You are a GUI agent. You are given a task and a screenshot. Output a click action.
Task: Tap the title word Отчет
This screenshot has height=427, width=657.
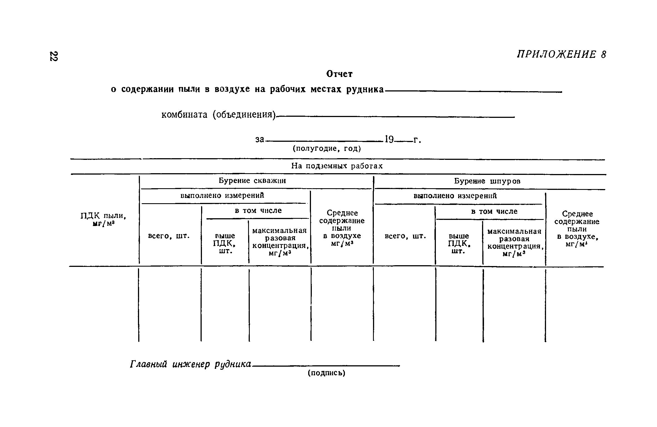click(x=339, y=74)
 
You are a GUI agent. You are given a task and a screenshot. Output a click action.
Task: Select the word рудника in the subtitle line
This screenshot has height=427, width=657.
click(x=365, y=90)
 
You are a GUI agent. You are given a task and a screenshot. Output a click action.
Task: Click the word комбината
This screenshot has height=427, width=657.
click(x=184, y=115)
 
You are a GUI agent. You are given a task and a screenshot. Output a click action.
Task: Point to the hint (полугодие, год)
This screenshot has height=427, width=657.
click(x=327, y=149)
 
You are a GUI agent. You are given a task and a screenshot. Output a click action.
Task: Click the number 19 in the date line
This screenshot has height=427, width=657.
click(x=389, y=139)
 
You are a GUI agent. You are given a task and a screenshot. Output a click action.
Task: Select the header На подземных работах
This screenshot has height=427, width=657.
click(x=337, y=166)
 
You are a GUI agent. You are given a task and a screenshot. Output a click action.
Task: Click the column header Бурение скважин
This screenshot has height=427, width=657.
click(x=252, y=181)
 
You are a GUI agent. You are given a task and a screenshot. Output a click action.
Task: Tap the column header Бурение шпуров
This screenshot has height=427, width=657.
click(x=487, y=181)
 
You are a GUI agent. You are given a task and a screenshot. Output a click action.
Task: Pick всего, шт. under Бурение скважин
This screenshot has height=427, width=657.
click(x=169, y=236)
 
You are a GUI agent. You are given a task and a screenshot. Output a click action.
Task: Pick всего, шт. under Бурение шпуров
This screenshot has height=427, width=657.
click(x=405, y=236)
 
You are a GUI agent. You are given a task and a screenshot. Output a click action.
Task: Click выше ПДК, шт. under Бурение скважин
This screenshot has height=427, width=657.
click(x=224, y=244)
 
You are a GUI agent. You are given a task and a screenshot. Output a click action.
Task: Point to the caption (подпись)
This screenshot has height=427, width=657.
click(x=326, y=373)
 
